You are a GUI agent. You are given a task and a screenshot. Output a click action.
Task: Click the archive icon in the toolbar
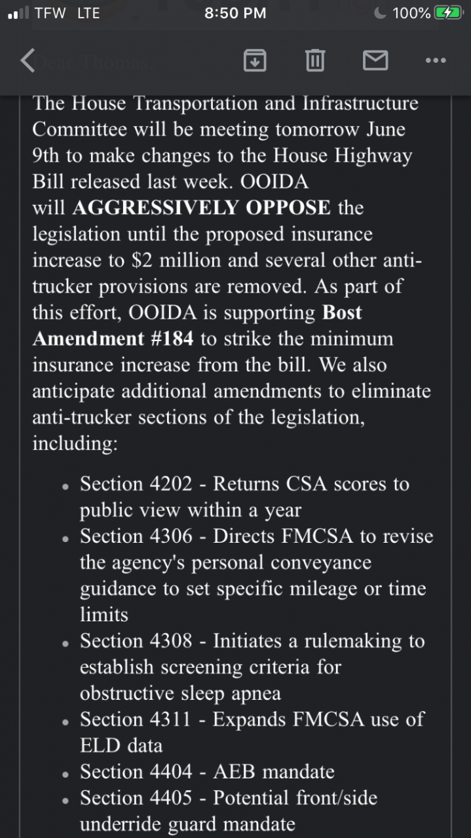pos(254,60)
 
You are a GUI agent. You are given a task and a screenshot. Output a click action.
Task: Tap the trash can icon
pos(314,60)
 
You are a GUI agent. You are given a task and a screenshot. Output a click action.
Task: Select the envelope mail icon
pos(375,60)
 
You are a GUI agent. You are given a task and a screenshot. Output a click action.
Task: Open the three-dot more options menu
pos(436,60)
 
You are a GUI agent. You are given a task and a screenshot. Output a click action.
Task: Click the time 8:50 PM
pos(235,13)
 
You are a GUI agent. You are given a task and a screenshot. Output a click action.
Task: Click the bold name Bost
pos(342,312)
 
